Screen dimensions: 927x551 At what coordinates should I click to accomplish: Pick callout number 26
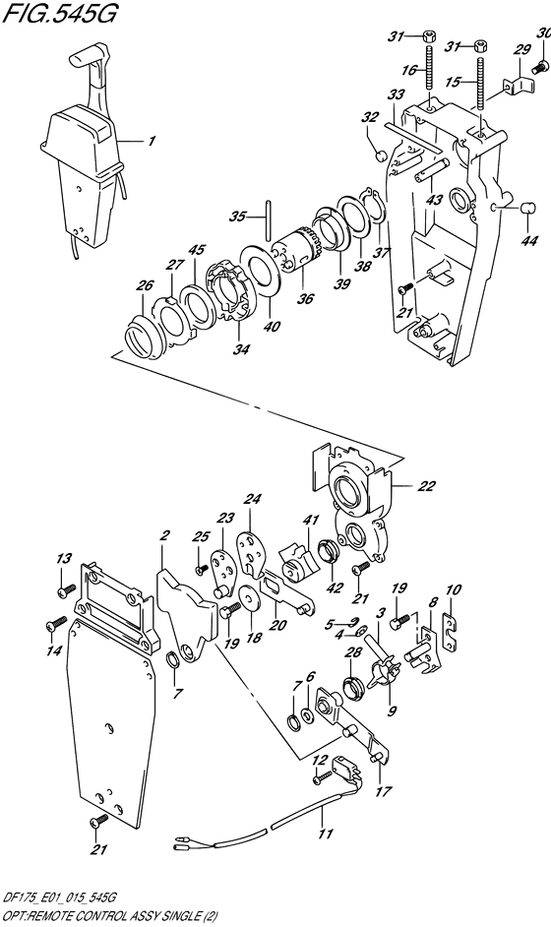click(x=146, y=285)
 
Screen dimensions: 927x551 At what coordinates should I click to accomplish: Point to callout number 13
click(x=64, y=559)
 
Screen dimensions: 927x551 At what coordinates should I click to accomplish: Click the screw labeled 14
click(x=55, y=623)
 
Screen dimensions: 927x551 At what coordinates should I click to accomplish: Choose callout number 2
click(x=165, y=536)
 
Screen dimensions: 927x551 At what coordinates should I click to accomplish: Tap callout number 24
click(x=250, y=499)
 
